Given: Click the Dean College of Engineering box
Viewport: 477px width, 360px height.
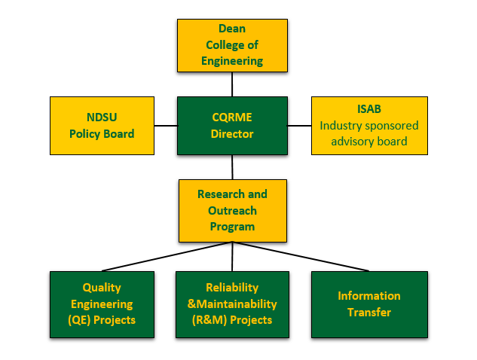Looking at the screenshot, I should point(232,44).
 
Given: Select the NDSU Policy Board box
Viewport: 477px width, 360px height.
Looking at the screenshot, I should point(102,126).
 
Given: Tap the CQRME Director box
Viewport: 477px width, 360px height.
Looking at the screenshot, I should point(232,126).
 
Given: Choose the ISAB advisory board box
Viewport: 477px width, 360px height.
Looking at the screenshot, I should point(369,126).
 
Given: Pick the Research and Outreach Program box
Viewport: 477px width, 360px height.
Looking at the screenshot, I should point(232,210).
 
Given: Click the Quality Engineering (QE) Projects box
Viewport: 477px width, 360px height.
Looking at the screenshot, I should point(102,304).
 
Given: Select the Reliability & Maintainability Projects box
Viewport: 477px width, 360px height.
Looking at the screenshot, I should point(231,304).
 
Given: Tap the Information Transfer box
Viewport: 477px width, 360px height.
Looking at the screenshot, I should point(369,304).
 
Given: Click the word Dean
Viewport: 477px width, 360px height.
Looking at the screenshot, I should point(232,29).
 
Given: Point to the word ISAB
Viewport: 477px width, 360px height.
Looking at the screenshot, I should point(369,109).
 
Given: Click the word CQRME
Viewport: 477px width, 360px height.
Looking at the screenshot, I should point(232,117).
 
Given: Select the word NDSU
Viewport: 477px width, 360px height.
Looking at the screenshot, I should point(102,117).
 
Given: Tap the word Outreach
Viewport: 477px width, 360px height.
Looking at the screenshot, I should point(232,210).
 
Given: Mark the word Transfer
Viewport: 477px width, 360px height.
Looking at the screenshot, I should point(369,312).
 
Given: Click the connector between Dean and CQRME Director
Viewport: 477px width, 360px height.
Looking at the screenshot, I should point(232,84).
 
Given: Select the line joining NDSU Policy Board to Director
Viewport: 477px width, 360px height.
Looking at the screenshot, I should point(165,126).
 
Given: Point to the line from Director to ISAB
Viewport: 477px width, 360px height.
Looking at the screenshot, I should point(299,126).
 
